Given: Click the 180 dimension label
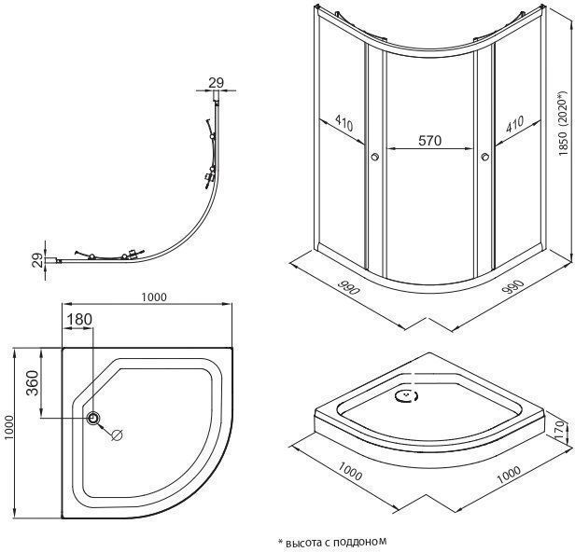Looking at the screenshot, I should click(80, 320).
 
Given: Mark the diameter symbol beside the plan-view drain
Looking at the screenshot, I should click(117, 435).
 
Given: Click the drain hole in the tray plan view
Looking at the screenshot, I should click(93, 419).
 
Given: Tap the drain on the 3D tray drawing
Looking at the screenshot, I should click(408, 397).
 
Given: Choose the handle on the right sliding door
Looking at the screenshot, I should click(486, 158).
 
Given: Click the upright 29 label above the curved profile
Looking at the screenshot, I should click(216, 83).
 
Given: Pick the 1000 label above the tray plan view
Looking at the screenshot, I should click(155, 297).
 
